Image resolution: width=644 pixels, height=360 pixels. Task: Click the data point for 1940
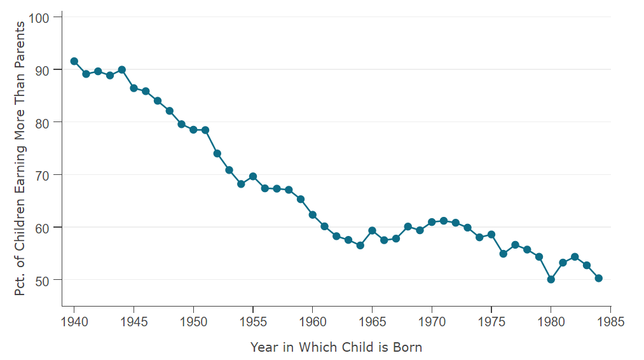coord(74,61)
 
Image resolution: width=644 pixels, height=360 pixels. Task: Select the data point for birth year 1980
coord(551,279)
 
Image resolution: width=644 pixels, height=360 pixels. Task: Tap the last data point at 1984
coord(599,278)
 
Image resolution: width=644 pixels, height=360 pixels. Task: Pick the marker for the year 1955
coord(253,176)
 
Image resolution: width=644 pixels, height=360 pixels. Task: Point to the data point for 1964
coord(360,246)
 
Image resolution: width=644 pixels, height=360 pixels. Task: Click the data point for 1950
coord(193,130)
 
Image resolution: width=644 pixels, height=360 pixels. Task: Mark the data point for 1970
coord(432,222)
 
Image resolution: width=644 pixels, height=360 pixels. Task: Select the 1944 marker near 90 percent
coord(122,70)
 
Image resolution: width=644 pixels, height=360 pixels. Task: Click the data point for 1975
coord(491,235)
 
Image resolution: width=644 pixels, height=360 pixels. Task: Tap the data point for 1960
coord(313,215)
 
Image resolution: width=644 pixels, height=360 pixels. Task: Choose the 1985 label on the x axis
coord(610,322)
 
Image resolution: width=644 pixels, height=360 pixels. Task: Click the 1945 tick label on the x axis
coord(134,322)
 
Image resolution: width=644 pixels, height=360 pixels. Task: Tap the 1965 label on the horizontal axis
coord(372,322)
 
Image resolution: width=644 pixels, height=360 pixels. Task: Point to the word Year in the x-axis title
coord(263,347)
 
